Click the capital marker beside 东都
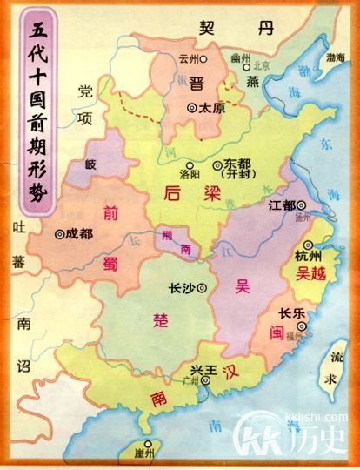pyautogui.click(x=218, y=164)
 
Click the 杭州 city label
pyautogui.click(x=309, y=257)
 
